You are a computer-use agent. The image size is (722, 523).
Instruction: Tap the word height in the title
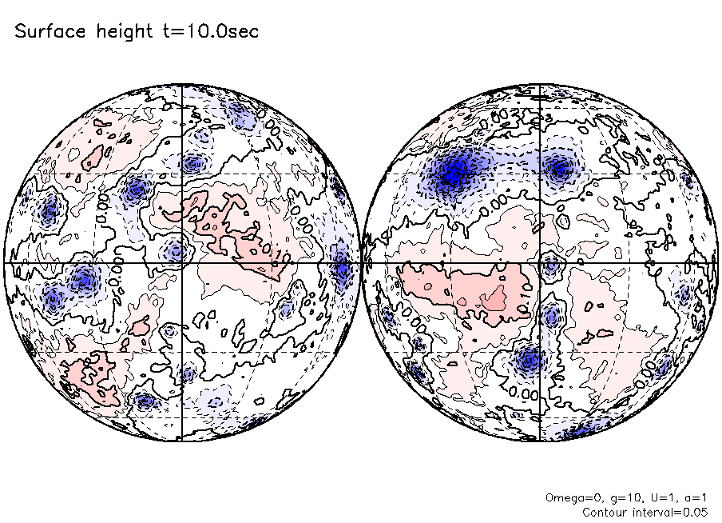[x=116, y=32]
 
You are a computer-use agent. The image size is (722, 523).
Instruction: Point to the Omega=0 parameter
[x=569, y=497]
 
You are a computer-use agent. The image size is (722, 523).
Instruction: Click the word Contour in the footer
[x=606, y=512]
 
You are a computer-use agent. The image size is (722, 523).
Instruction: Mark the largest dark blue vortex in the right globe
[x=454, y=170]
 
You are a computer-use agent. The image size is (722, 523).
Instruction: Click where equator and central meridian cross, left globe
[x=183, y=262]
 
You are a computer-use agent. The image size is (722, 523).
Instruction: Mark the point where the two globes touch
[x=362, y=262]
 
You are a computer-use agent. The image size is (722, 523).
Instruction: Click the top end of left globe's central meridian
[x=183, y=85]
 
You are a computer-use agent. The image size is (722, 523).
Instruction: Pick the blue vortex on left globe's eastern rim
[x=343, y=268]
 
